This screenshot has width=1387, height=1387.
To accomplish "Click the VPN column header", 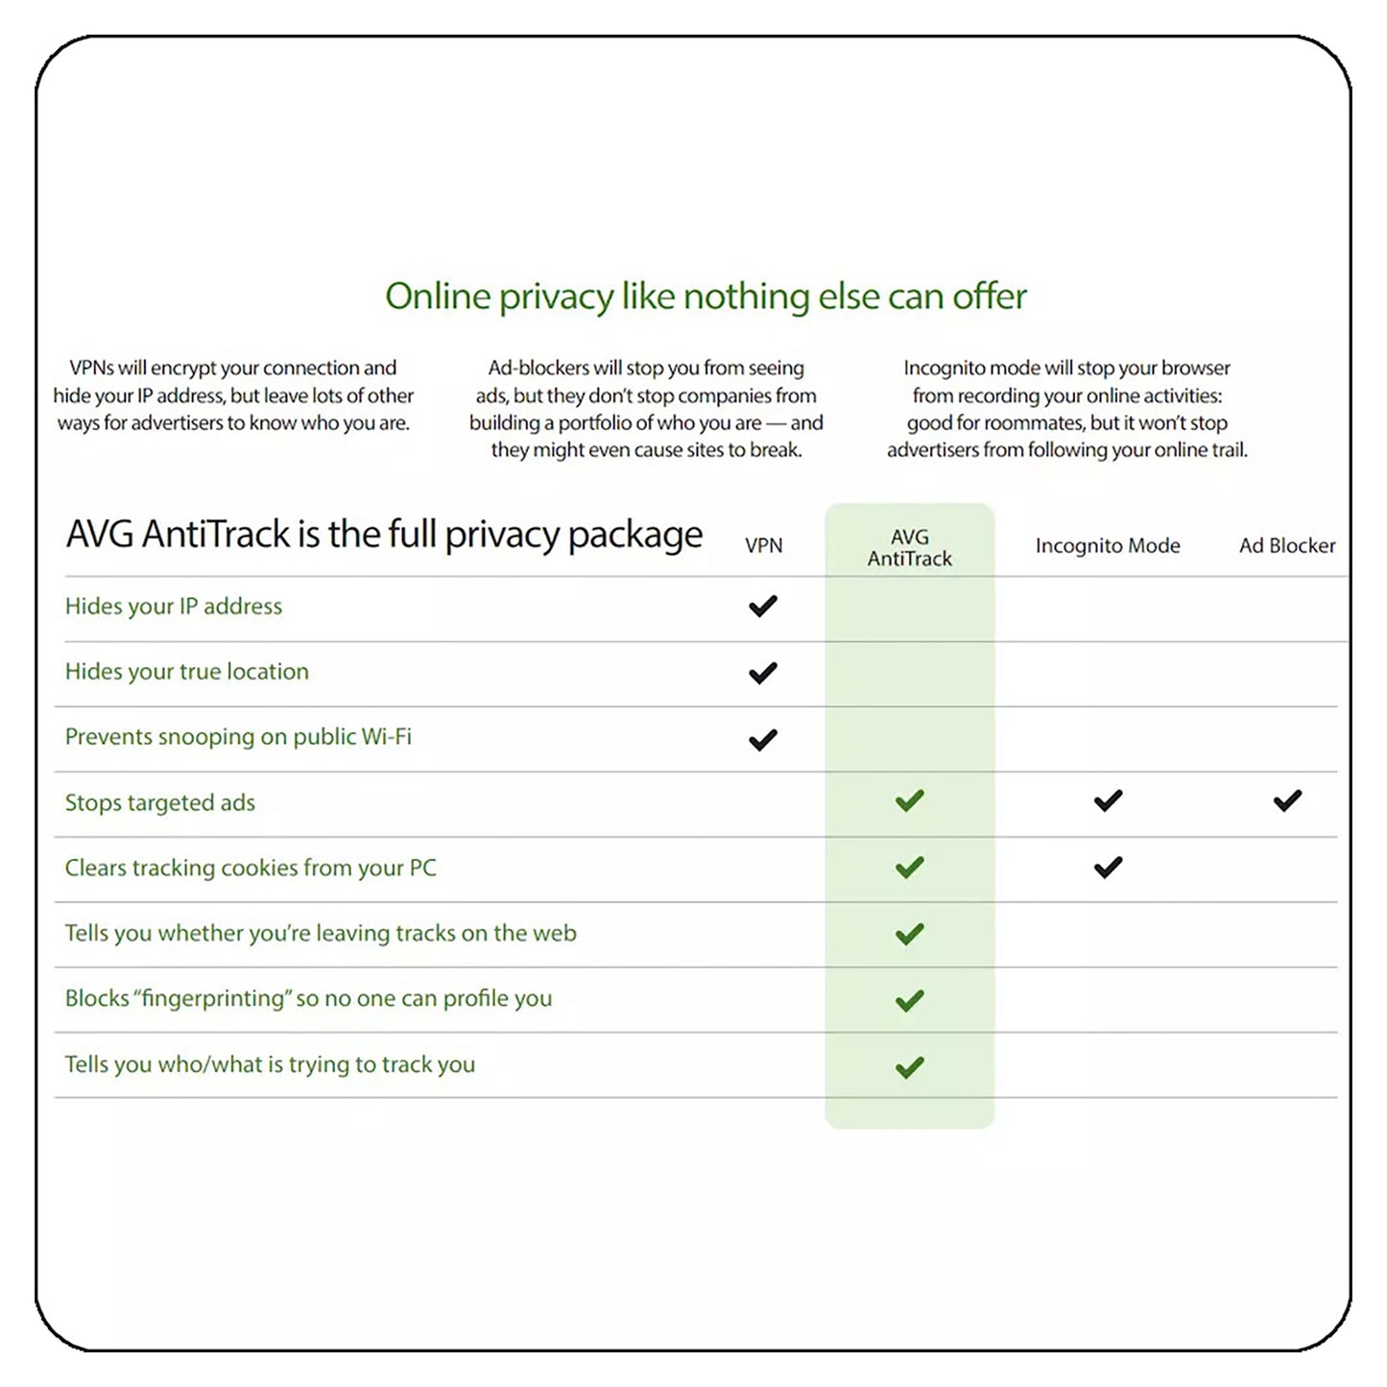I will click(x=763, y=545).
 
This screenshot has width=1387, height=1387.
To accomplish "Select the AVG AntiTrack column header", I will click(x=909, y=548).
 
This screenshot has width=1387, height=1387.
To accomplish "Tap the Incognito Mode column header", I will click(x=1107, y=545).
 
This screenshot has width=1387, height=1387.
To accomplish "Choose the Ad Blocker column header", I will click(x=1286, y=545).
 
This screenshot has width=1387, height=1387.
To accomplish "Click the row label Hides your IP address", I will click(x=174, y=607).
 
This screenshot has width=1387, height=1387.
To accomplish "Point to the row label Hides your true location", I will click(x=187, y=672).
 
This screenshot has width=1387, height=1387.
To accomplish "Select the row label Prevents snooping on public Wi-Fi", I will click(x=238, y=737).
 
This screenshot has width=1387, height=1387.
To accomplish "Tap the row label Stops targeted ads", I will click(x=160, y=802).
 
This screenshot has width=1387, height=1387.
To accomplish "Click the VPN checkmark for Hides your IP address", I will click(x=762, y=607).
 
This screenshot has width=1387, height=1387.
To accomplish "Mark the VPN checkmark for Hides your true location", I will click(x=762, y=673).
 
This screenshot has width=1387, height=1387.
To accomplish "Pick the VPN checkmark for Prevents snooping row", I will click(x=762, y=740).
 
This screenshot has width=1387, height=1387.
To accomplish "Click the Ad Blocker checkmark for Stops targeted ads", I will click(x=1287, y=801).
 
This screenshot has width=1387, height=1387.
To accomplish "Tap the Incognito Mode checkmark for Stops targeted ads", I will click(x=1108, y=801).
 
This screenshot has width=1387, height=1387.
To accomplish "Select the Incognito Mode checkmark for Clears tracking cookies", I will click(x=1108, y=868).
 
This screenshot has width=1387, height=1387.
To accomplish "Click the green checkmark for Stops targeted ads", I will click(x=909, y=801).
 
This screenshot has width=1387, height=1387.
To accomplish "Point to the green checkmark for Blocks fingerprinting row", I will click(x=909, y=1001).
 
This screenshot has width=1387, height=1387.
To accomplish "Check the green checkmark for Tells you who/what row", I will click(x=909, y=1067).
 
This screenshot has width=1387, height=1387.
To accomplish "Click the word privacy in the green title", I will click(x=556, y=298).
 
